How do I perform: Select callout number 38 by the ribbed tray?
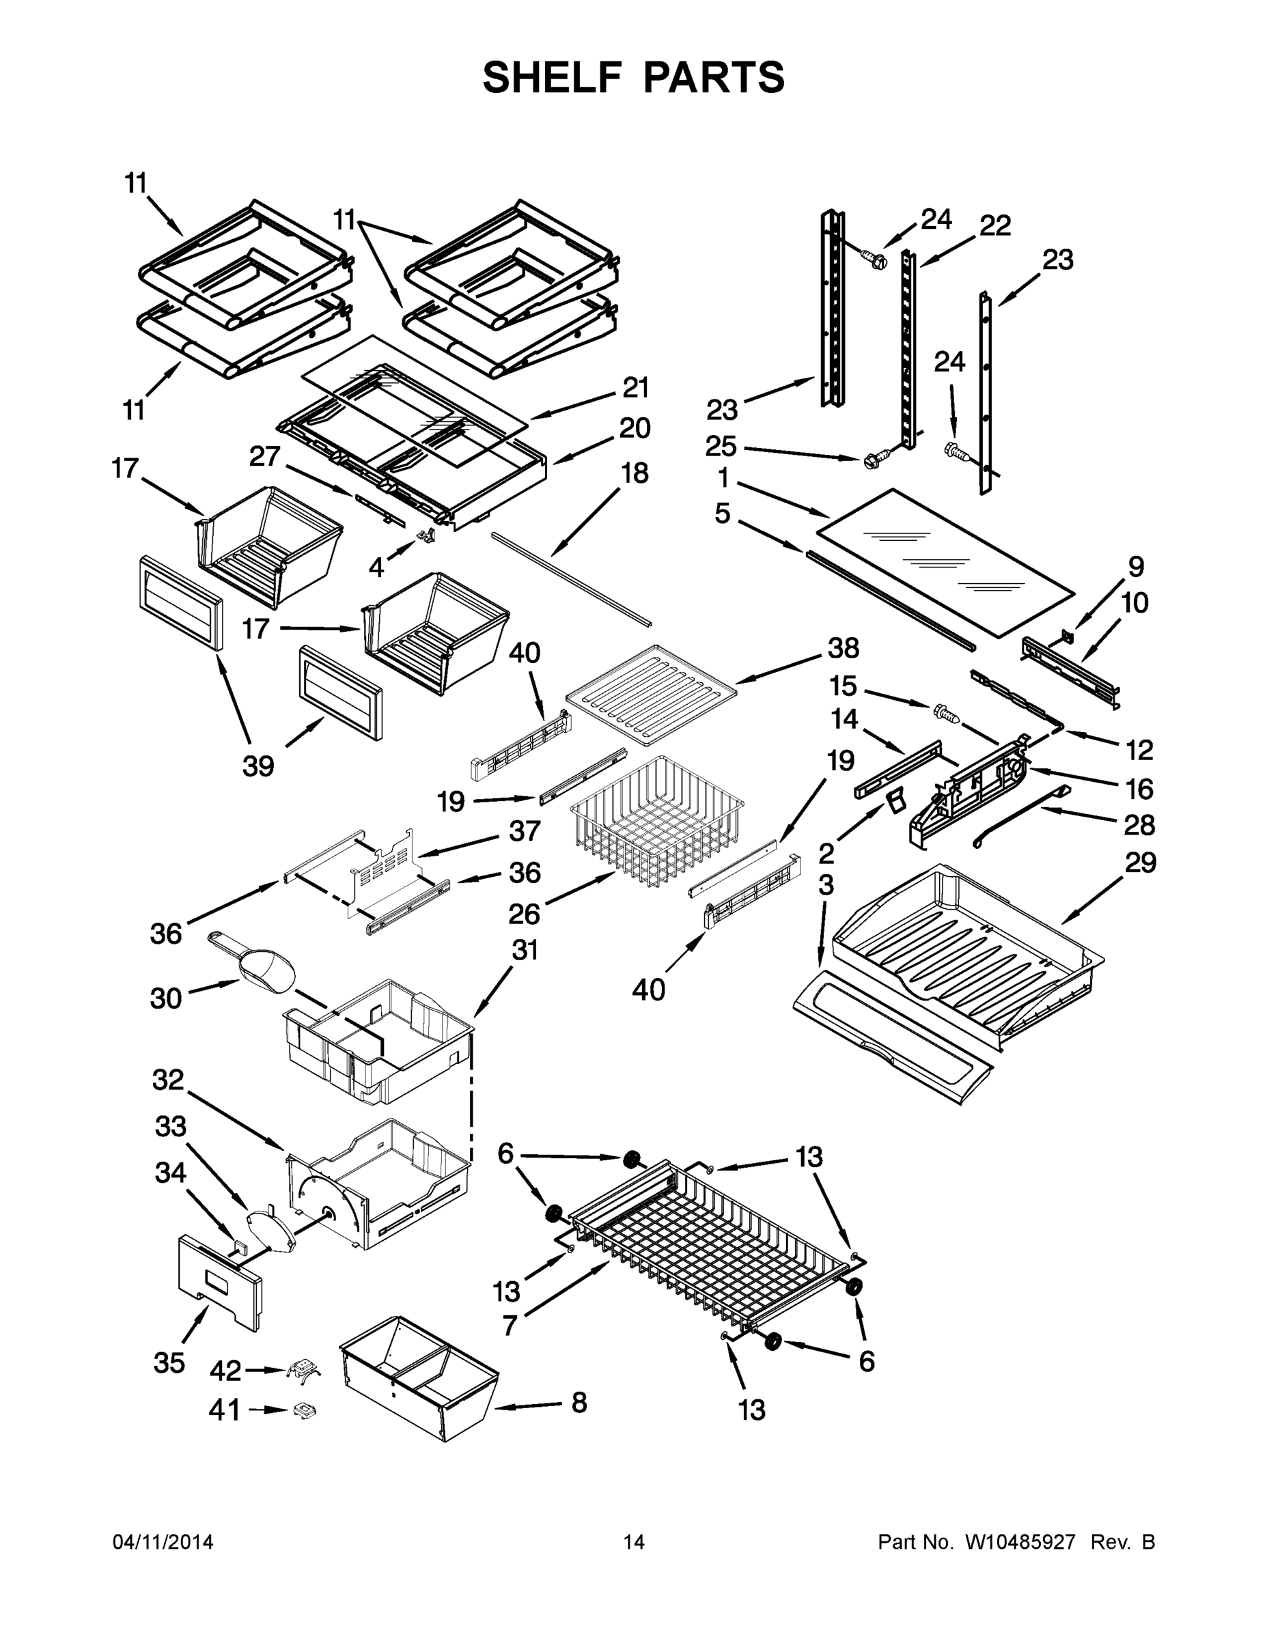(x=843, y=647)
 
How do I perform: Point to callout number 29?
(x=1140, y=863)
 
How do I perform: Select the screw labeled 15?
(x=947, y=713)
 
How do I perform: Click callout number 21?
(x=636, y=388)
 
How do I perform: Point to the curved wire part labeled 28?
(x=1021, y=814)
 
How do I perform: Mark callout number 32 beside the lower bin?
(x=168, y=1080)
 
